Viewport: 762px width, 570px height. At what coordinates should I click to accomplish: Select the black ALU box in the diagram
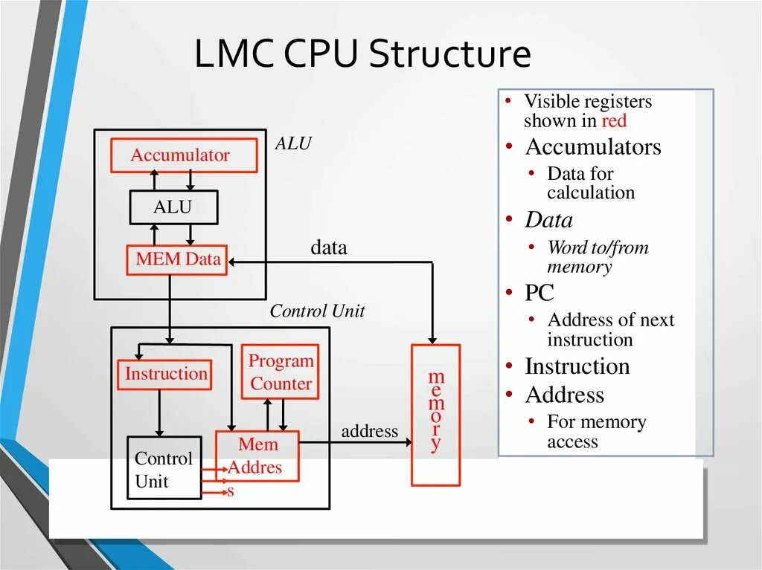click(173, 207)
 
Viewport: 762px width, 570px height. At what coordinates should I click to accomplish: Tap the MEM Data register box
click(177, 260)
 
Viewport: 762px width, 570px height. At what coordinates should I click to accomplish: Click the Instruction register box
click(164, 374)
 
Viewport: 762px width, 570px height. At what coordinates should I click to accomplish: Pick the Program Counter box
click(280, 372)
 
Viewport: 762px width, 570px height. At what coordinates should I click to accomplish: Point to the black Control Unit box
click(164, 467)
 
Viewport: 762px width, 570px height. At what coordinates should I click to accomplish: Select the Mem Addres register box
click(257, 456)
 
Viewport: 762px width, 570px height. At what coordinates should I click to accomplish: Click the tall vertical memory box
click(435, 415)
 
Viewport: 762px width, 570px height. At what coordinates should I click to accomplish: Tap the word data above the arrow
click(329, 247)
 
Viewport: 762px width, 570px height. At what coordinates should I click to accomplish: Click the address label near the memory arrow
click(369, 431)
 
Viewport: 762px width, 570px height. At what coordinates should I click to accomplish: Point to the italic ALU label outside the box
click(293, 143)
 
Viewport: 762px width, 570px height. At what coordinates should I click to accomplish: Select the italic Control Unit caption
click(317, 311)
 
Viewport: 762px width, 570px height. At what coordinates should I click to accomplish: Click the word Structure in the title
click(450, 55)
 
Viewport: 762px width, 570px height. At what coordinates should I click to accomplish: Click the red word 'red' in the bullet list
click(614, 121)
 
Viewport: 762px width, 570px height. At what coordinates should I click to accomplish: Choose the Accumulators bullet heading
click(592, 147)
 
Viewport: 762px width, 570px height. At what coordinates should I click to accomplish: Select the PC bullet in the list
click(540, 293)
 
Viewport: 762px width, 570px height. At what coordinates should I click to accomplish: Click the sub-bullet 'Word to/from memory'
click(598, 257)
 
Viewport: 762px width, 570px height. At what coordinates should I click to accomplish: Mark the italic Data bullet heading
click(548, 220)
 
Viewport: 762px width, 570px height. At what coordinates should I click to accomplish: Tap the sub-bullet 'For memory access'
click(596, 432)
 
